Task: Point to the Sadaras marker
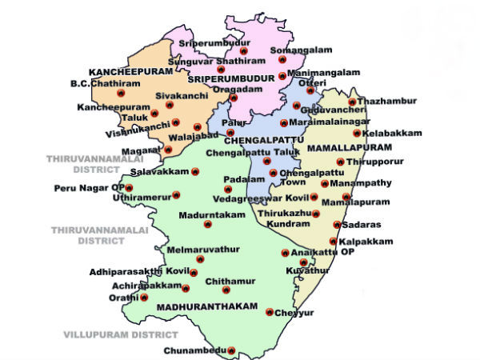pyautogui.click(x=337, y=226)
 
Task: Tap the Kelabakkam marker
pyautogui.click(x=357, y=133)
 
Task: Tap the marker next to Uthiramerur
pyautogui.click(x=176, y=194)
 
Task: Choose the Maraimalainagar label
pyautogui.click(x=326, y=122)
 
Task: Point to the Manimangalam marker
pyautogui.click(x=282, y=76)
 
